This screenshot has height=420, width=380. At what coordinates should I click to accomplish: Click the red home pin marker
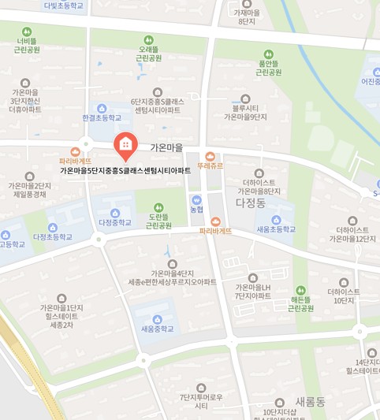coord(125,145)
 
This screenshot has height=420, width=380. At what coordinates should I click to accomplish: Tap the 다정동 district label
coord(251,203)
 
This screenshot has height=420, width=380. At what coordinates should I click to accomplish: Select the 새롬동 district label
coord(309,401)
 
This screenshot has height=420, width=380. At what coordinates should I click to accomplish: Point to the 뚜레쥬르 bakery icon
coord(210,156)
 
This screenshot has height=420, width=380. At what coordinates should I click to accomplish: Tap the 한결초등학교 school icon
coord(102,108)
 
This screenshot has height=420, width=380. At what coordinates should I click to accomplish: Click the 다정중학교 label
coord(115,223)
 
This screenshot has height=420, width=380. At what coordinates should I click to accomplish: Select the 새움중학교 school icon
coord(157,318)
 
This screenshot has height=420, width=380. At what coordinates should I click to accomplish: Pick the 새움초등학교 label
coord(276,229)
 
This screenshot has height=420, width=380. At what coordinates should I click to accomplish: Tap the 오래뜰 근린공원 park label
coord(148,54)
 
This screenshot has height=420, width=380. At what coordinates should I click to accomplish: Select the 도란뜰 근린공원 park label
coord(158,221)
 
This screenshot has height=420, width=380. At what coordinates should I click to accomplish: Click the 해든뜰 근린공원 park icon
coord(300,290)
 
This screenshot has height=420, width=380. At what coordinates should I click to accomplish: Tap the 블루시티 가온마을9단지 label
coord(245,112)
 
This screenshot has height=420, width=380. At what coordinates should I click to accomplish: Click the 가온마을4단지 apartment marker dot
coord(172,263)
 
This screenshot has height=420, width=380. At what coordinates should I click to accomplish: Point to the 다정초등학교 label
coord(53,236)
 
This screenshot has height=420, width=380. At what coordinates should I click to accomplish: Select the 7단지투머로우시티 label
coord(201,401)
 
